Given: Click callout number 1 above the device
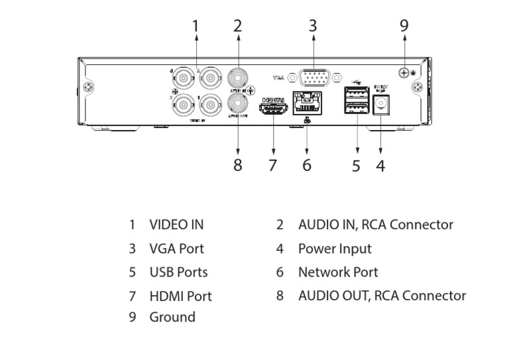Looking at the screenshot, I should tap(196, 26).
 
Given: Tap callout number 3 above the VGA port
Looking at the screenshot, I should tap(313, 26).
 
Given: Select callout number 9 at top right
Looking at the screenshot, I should tap(404, 26).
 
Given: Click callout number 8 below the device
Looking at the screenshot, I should tap(238, 165).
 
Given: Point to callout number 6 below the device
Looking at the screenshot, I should tap(306, 165).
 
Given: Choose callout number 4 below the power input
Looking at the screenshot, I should tap(380, 165).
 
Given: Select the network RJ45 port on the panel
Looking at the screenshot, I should tap(306, 104).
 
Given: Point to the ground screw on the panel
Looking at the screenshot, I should tap(404, 72).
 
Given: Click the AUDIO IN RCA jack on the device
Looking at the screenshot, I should tap(238, 76).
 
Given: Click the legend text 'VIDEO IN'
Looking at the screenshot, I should tap(176, 225).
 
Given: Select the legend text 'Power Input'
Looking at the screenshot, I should tap(335, 249).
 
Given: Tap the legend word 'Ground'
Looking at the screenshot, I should tap(172, 317).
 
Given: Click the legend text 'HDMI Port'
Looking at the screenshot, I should tap(181, 296).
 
